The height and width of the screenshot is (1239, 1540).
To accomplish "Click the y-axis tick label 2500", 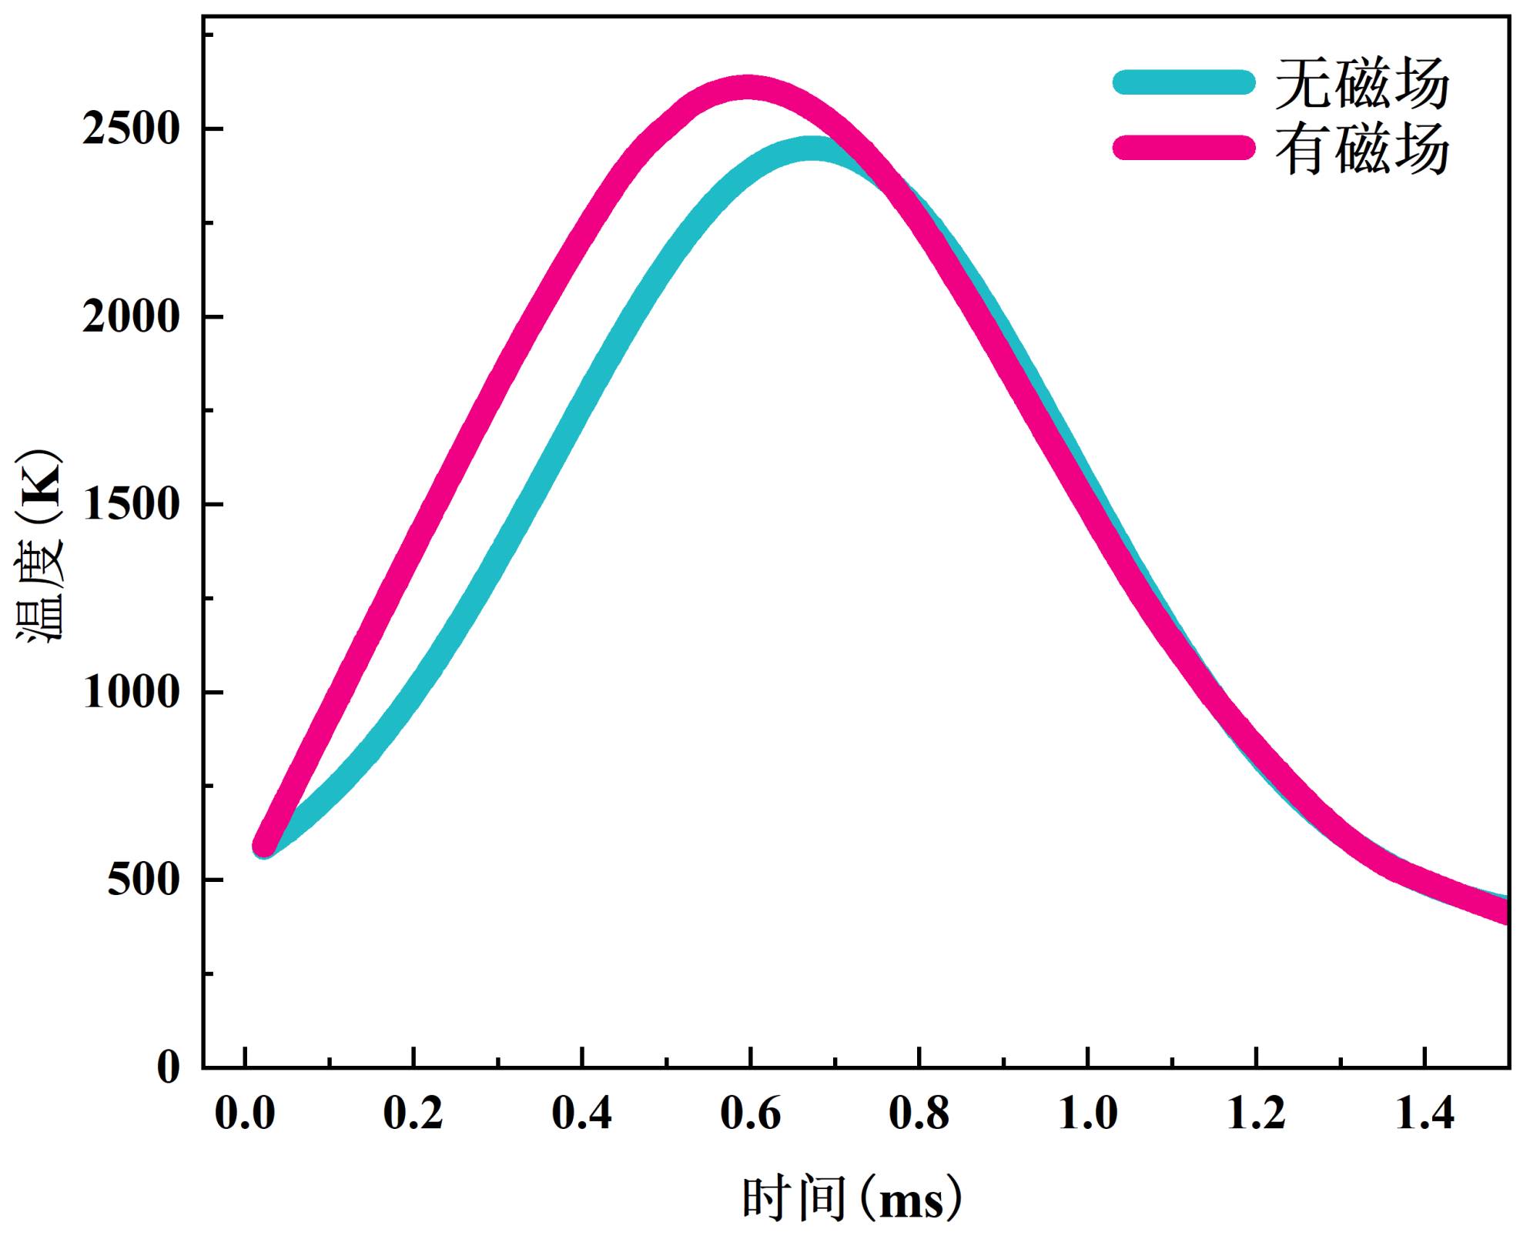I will [130, 129].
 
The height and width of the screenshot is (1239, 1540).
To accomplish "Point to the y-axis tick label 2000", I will [130, 317].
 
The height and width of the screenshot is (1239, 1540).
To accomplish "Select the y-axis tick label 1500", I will [130, 505].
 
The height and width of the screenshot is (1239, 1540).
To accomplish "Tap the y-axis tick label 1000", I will [130, 693].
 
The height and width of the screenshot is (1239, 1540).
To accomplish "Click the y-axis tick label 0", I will [169, 1067].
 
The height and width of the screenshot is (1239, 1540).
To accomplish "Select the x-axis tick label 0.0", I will [245, 1114].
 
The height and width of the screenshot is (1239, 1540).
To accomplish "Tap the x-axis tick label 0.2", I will [413, 1114].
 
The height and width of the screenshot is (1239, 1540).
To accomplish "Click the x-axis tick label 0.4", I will [582, 1114].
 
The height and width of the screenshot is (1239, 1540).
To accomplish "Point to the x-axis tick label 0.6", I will [751, 1114].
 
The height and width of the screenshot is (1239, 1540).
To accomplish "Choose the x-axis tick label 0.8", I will [919, 1114].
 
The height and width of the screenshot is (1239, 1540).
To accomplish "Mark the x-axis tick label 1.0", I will [1088, 1114].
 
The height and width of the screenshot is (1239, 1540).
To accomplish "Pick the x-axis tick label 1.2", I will [1257, 1114].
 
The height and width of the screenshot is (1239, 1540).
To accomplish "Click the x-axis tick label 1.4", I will [1425, 1114].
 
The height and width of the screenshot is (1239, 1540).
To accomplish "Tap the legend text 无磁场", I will [1361, 82].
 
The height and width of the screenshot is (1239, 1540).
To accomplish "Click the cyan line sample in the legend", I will [1183, 82].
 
